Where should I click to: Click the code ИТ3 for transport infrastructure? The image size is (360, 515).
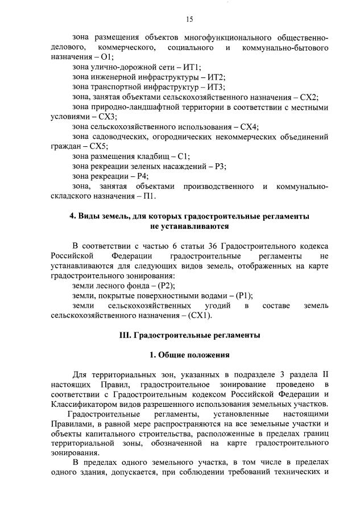tap(217, 87)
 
